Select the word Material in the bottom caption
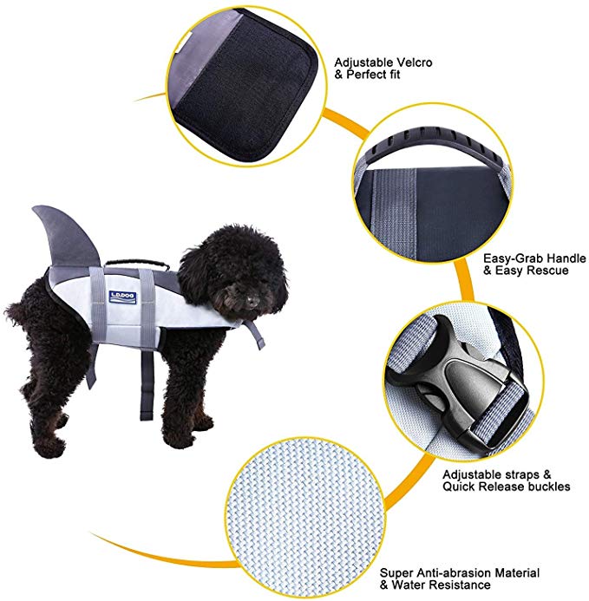click(x=513, y=573)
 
